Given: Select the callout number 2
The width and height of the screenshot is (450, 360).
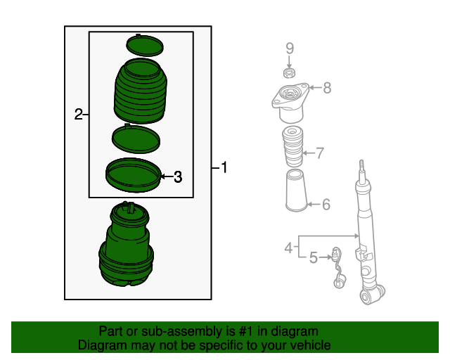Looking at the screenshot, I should [79, 114].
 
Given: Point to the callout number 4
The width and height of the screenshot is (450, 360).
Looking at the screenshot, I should [288, 247].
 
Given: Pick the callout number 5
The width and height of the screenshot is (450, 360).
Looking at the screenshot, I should [313, 258].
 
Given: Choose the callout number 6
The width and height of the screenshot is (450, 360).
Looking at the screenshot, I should [326, 205].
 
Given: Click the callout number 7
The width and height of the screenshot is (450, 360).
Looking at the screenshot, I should [319, 153].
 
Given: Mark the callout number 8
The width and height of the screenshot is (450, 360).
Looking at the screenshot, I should [326, 88].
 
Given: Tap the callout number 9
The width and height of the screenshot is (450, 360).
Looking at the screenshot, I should [289, 48].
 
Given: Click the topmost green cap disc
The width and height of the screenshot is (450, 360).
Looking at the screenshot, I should [144, 45].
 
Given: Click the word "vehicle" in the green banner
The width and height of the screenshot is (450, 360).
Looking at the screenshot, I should [306, 346].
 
